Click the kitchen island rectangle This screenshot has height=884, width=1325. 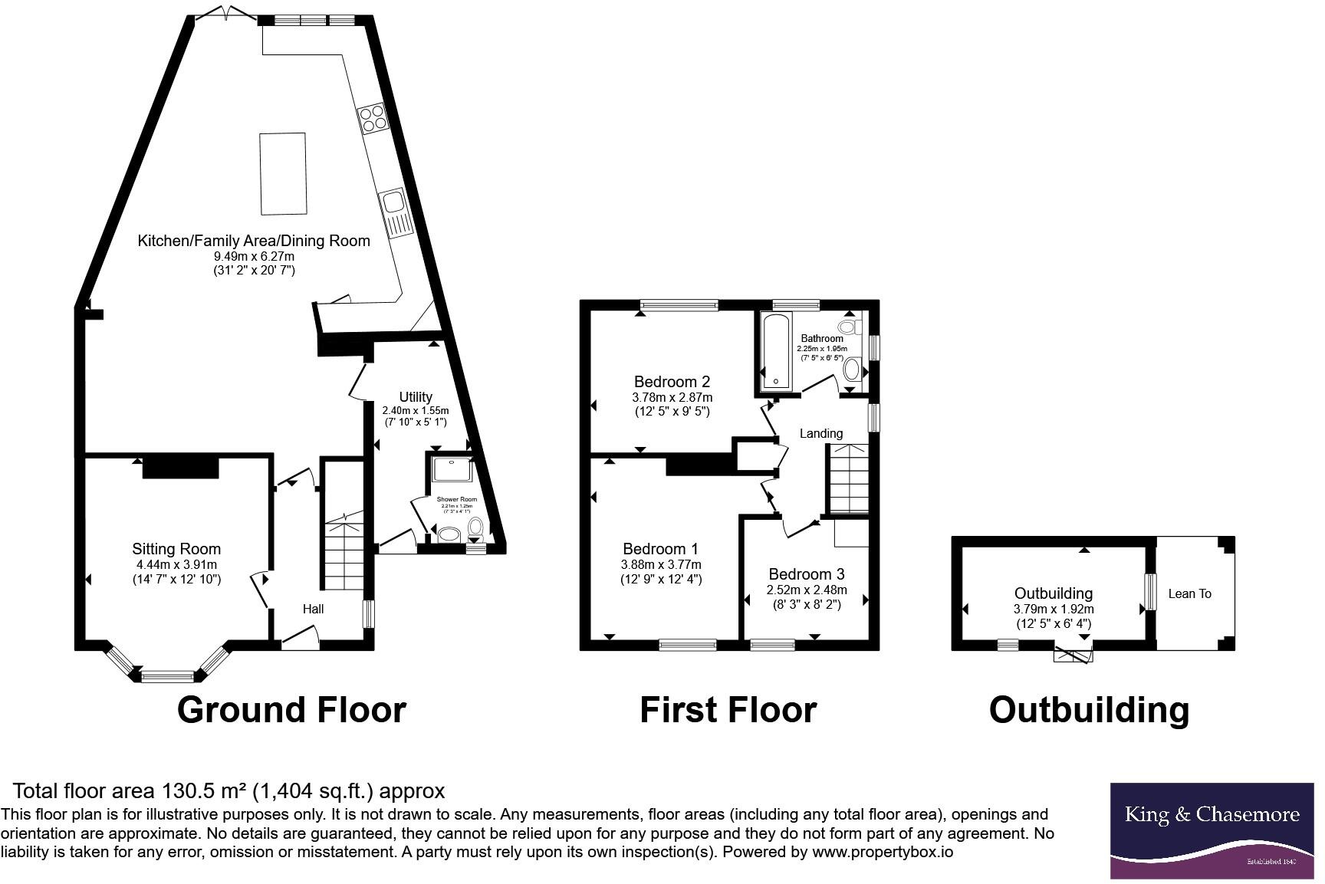(x=284, y=173)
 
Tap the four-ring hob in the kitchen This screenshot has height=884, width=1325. (x=373, y=119)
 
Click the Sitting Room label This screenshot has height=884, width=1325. (x=176, y=549)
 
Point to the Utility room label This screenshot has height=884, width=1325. (x=416, y=397)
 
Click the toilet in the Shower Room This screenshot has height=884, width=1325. (x=476, y=527)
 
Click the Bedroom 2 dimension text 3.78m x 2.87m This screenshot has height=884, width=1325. (x=672, y=397)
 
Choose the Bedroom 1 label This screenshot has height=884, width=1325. (x=660, y=549)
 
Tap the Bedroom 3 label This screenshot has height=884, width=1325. (x=806, y=574)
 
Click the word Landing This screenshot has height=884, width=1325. (x=821, y=434)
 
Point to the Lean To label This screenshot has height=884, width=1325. (x=1189, y=593)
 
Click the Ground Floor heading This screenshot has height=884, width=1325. (x=291, y=710)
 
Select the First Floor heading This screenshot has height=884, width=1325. (x=728, y=710)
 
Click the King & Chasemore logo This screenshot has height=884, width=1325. (x=1212, y=830)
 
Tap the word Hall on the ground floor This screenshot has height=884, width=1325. (x=313, y=609)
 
